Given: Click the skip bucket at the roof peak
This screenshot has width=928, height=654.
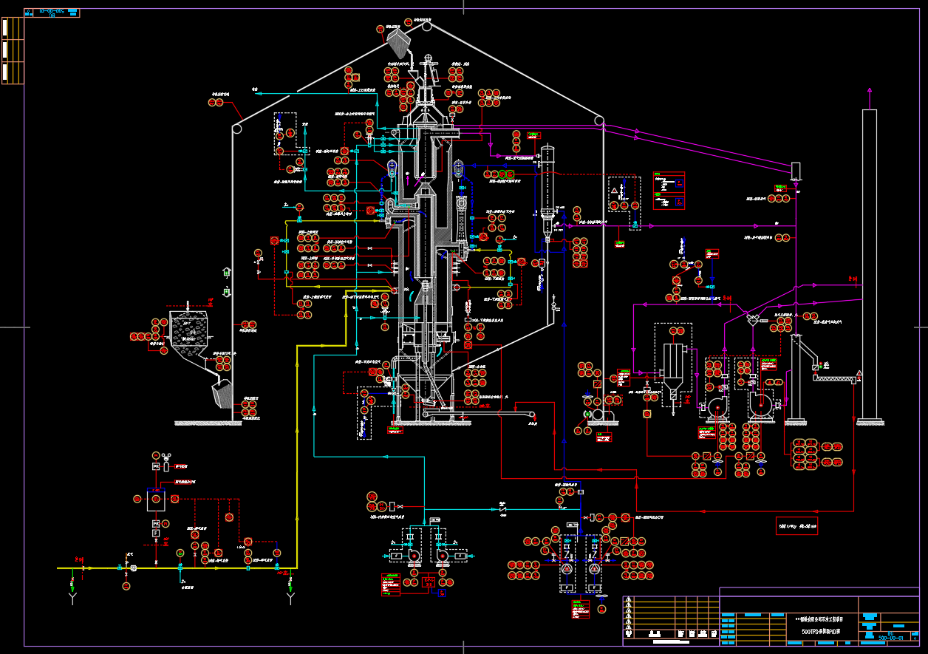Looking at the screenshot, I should [399, 39].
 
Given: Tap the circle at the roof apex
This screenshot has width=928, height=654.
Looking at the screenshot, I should [426, 26].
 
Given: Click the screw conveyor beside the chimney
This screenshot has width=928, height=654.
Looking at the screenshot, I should [836, 379].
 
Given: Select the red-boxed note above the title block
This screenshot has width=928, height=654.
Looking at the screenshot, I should [796, 527].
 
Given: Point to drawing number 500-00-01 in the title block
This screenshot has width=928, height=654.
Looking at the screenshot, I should [890, 638].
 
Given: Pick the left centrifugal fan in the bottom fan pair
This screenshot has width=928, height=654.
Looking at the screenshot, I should [412, 556].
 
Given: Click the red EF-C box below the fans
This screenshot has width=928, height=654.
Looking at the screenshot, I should [429, 582].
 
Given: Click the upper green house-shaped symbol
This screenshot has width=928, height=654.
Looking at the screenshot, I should [227, 273].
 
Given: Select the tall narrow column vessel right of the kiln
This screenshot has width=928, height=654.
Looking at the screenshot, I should [547, 192].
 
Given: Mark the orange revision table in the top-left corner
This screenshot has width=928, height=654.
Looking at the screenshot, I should [12, 50].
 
